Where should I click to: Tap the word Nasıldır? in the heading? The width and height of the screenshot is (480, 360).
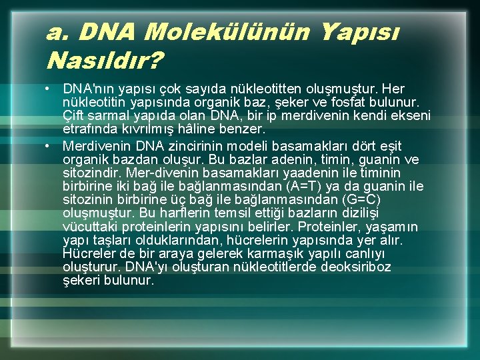click(x=104, y=62)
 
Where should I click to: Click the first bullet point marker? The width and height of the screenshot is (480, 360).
click(x=50, y=89)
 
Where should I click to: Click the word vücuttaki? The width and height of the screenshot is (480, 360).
click(x=88, y=227)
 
